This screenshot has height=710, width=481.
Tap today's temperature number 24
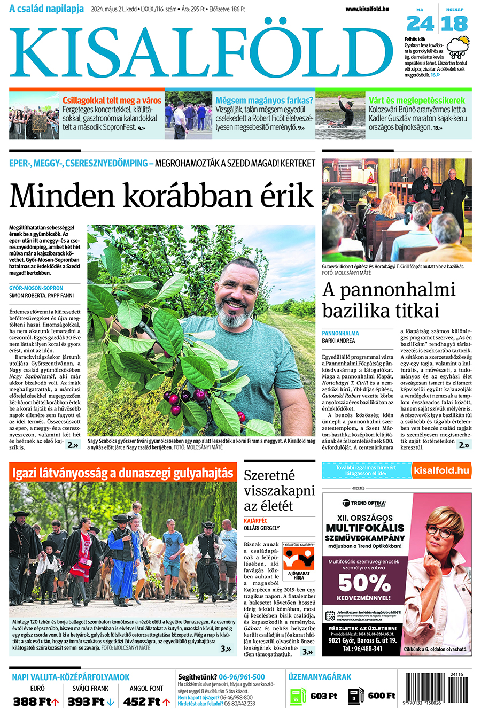click(420, 24)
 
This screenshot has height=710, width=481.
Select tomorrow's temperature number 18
click(455, 24)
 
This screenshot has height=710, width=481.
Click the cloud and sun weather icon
click(458, 47)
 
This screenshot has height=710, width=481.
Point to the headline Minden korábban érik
click(161, 196)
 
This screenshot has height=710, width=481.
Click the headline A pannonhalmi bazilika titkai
click(389, 300)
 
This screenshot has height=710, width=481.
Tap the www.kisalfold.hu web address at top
click(367, 9)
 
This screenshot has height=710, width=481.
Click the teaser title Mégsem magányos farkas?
click(264, 101)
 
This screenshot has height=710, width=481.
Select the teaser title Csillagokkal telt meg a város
click(112, 101)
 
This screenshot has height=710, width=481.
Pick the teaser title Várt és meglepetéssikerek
click(417, 101)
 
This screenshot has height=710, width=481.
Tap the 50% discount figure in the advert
click(364, 582)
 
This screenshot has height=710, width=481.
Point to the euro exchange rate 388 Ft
click(35, 701)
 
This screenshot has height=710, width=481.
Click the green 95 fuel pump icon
click(297, 695)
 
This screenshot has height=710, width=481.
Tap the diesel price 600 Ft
click(382, 696)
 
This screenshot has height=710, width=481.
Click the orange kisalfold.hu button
click(441, 470)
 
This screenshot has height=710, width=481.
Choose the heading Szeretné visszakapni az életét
click(279, 490)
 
